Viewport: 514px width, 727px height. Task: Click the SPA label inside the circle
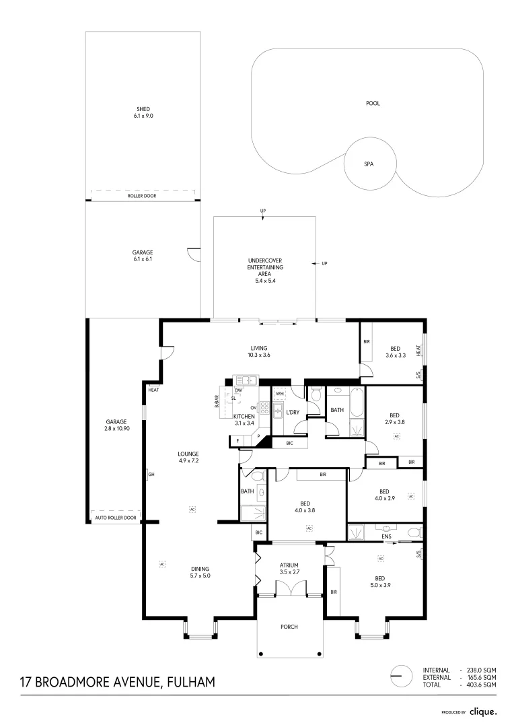tap(369, 164)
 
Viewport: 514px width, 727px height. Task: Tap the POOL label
tap(373, 104)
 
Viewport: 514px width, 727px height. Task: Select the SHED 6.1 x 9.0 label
tap(143, 112)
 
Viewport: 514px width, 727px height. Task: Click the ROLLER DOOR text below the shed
tap(142, 197)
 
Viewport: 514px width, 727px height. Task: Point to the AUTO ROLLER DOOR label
tap(116, 518)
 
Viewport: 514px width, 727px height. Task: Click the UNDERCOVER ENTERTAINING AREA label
tap(265, 270)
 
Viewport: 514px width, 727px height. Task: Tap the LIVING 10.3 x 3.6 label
tap(259, 351)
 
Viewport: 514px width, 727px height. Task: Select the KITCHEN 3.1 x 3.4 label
tap(244, 419)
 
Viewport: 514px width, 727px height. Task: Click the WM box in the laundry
tap(280, 393)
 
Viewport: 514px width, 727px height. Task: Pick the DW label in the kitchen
tap(239, 390)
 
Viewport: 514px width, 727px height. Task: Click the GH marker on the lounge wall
tap(151, 475)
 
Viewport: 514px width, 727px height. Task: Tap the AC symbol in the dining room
tap(162, 563)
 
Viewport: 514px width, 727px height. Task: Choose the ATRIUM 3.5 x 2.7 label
tap(289, 569)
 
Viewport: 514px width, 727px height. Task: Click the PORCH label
tap(289, 627)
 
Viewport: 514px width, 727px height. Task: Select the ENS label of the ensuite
tap(386, 537)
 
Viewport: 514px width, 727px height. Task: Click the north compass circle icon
tap(400, 676)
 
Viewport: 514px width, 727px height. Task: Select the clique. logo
tap(482, 711)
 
